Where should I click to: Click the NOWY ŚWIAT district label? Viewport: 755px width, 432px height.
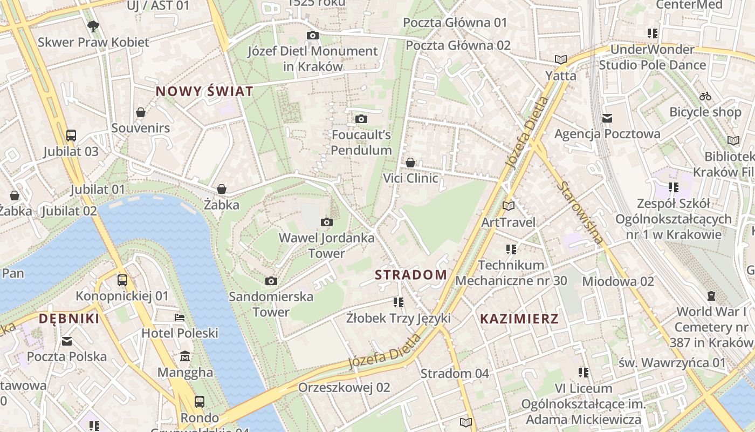[x=204, y=91]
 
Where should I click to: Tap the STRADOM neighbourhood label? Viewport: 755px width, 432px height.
[x=411, y=275]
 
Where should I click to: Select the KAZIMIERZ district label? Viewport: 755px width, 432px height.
[x=519, y=319]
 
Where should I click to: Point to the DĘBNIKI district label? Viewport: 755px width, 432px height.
[x=69, y=319]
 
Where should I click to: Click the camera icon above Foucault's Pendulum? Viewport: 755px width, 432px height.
[x=361, y=119]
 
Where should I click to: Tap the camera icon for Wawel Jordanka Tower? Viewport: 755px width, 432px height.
[x=326, y=222]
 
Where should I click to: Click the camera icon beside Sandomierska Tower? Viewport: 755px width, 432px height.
[x=271, y=281]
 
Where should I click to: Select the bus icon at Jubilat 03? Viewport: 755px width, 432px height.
[x=71, y=135]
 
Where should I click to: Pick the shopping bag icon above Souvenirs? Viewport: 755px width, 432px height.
[x=140, y=112]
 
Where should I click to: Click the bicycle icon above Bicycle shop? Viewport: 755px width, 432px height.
[x=705, y=97]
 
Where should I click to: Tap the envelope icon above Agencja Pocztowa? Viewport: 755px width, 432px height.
[x=607, y=118]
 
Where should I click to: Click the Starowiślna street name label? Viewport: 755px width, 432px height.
[x=580, y=213]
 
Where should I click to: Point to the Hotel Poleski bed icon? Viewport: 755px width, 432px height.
[x=180, y=318]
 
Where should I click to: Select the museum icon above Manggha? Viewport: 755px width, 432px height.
[x=186, y=356]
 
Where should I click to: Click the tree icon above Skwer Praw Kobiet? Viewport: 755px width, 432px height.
[x=93, y=26]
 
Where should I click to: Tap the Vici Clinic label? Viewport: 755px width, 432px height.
[x=410, y=178]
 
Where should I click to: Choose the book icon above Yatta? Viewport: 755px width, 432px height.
[x=561, y=59]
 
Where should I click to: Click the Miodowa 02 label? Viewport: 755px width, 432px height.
[x=618, y=281]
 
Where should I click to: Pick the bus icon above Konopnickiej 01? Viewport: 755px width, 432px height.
[x=122, y=280]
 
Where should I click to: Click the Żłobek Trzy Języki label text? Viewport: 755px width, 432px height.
[x=399, y=318]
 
